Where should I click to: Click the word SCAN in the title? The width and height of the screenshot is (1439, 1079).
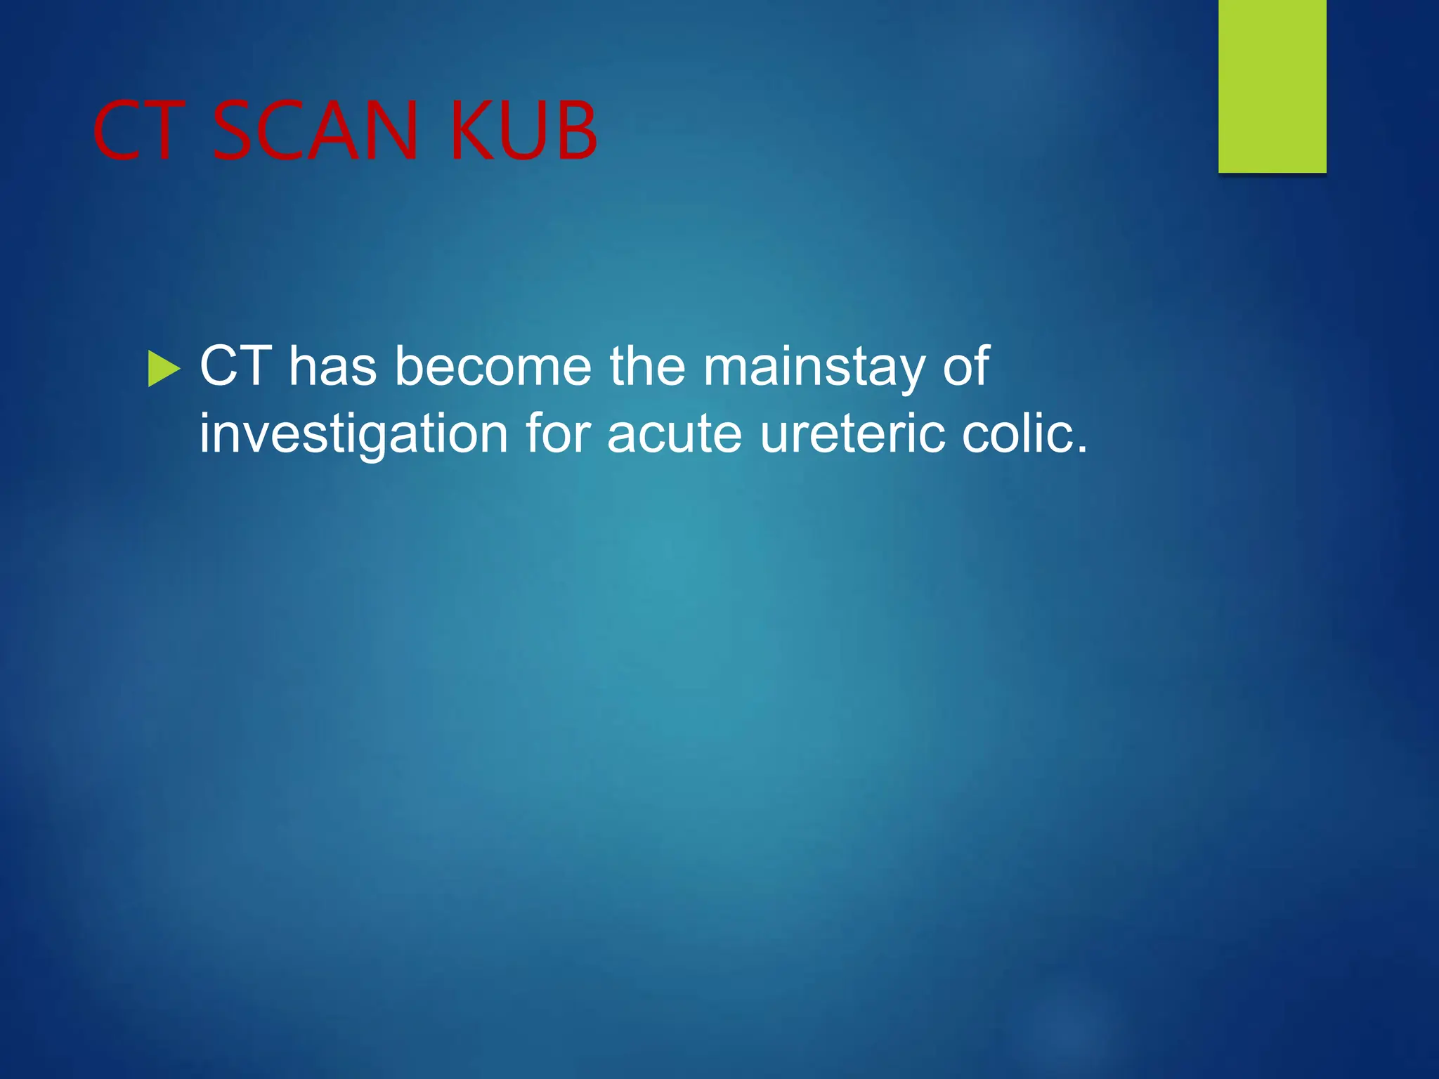coord(315,131)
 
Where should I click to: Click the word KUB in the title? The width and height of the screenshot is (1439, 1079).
coord(523,131)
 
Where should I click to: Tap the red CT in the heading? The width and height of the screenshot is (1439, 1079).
coord(138,131)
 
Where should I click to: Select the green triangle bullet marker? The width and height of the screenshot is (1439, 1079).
coord(164,369)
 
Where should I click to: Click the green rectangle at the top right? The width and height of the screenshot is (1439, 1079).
coord(1272,86)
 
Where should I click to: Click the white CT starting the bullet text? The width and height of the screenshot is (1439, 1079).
coord(235,366)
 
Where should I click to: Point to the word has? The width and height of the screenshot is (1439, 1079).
coord(332,366)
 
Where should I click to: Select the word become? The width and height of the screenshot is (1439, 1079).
coord(493,366)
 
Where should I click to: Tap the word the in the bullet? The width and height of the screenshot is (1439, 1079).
coord(646,366)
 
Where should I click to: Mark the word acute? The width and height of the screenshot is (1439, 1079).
coord(674,435)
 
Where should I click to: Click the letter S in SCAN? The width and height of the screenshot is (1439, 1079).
coord(234,131)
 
